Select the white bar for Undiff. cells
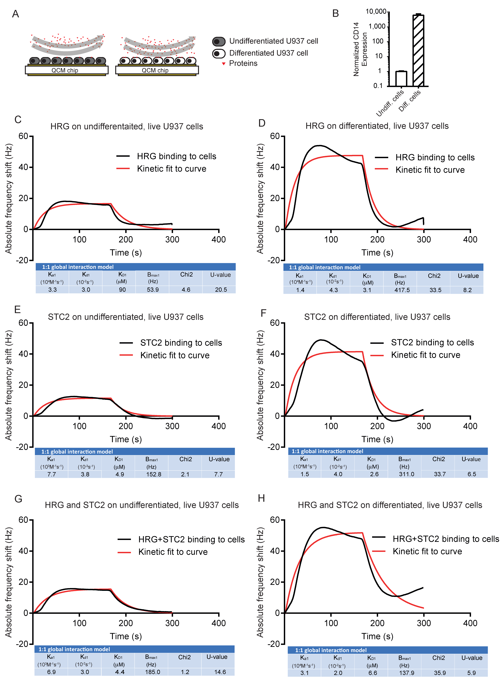tap(401, 78)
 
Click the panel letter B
tap(335, 14)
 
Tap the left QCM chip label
tap(65, 70)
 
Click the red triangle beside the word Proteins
tap(224, 64)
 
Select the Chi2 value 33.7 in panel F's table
tap(440, 474)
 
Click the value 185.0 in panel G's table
tap(152, 672)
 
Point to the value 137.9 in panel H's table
tap(407, 673)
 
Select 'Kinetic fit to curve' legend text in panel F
tap(425, 355)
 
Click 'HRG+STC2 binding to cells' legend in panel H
tap(446, 539)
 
